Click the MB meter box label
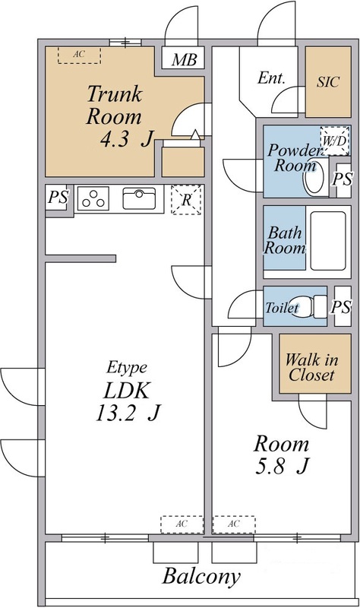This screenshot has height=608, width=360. coord(185,60)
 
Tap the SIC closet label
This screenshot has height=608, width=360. coord(328,82)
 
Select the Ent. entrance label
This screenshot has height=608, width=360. coord(271,78)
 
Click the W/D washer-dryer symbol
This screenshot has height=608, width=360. coord(334,141)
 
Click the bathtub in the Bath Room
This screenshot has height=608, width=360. coord(328,241)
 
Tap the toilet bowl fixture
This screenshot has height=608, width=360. coord(309,306)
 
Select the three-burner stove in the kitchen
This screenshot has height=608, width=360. coord(93,198)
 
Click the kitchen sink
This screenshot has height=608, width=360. coord(139,198)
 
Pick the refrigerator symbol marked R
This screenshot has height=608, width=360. coord(186,200)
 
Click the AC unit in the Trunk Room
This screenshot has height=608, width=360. coord(79,55)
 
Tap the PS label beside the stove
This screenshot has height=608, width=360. coord(58,198)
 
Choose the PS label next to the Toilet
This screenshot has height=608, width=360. coord(341,307)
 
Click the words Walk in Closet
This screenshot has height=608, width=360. coord(311,368)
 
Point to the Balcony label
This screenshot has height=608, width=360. coord(201,577)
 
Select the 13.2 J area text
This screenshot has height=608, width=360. coord(128,413)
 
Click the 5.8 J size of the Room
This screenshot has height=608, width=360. coord(282,466)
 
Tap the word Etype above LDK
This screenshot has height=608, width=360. coord(126,367)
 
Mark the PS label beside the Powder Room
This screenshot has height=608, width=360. coord(343,179)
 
